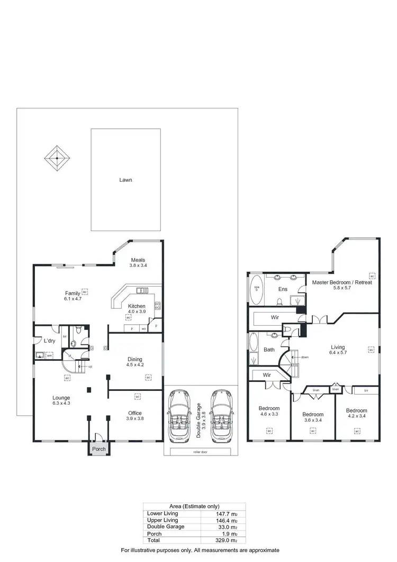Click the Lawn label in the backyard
coord(125,180)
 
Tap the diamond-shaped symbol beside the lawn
coord(57,157)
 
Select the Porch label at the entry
coord(99,449)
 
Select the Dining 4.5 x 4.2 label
coord(135,362)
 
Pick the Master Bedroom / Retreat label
coord(341,286)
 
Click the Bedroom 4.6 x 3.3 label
coord(269,412)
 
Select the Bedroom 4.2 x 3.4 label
coord(357,414)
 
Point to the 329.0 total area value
coord(222,541)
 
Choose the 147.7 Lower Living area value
coord(222,513)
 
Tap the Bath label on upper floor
coord(268,350)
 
